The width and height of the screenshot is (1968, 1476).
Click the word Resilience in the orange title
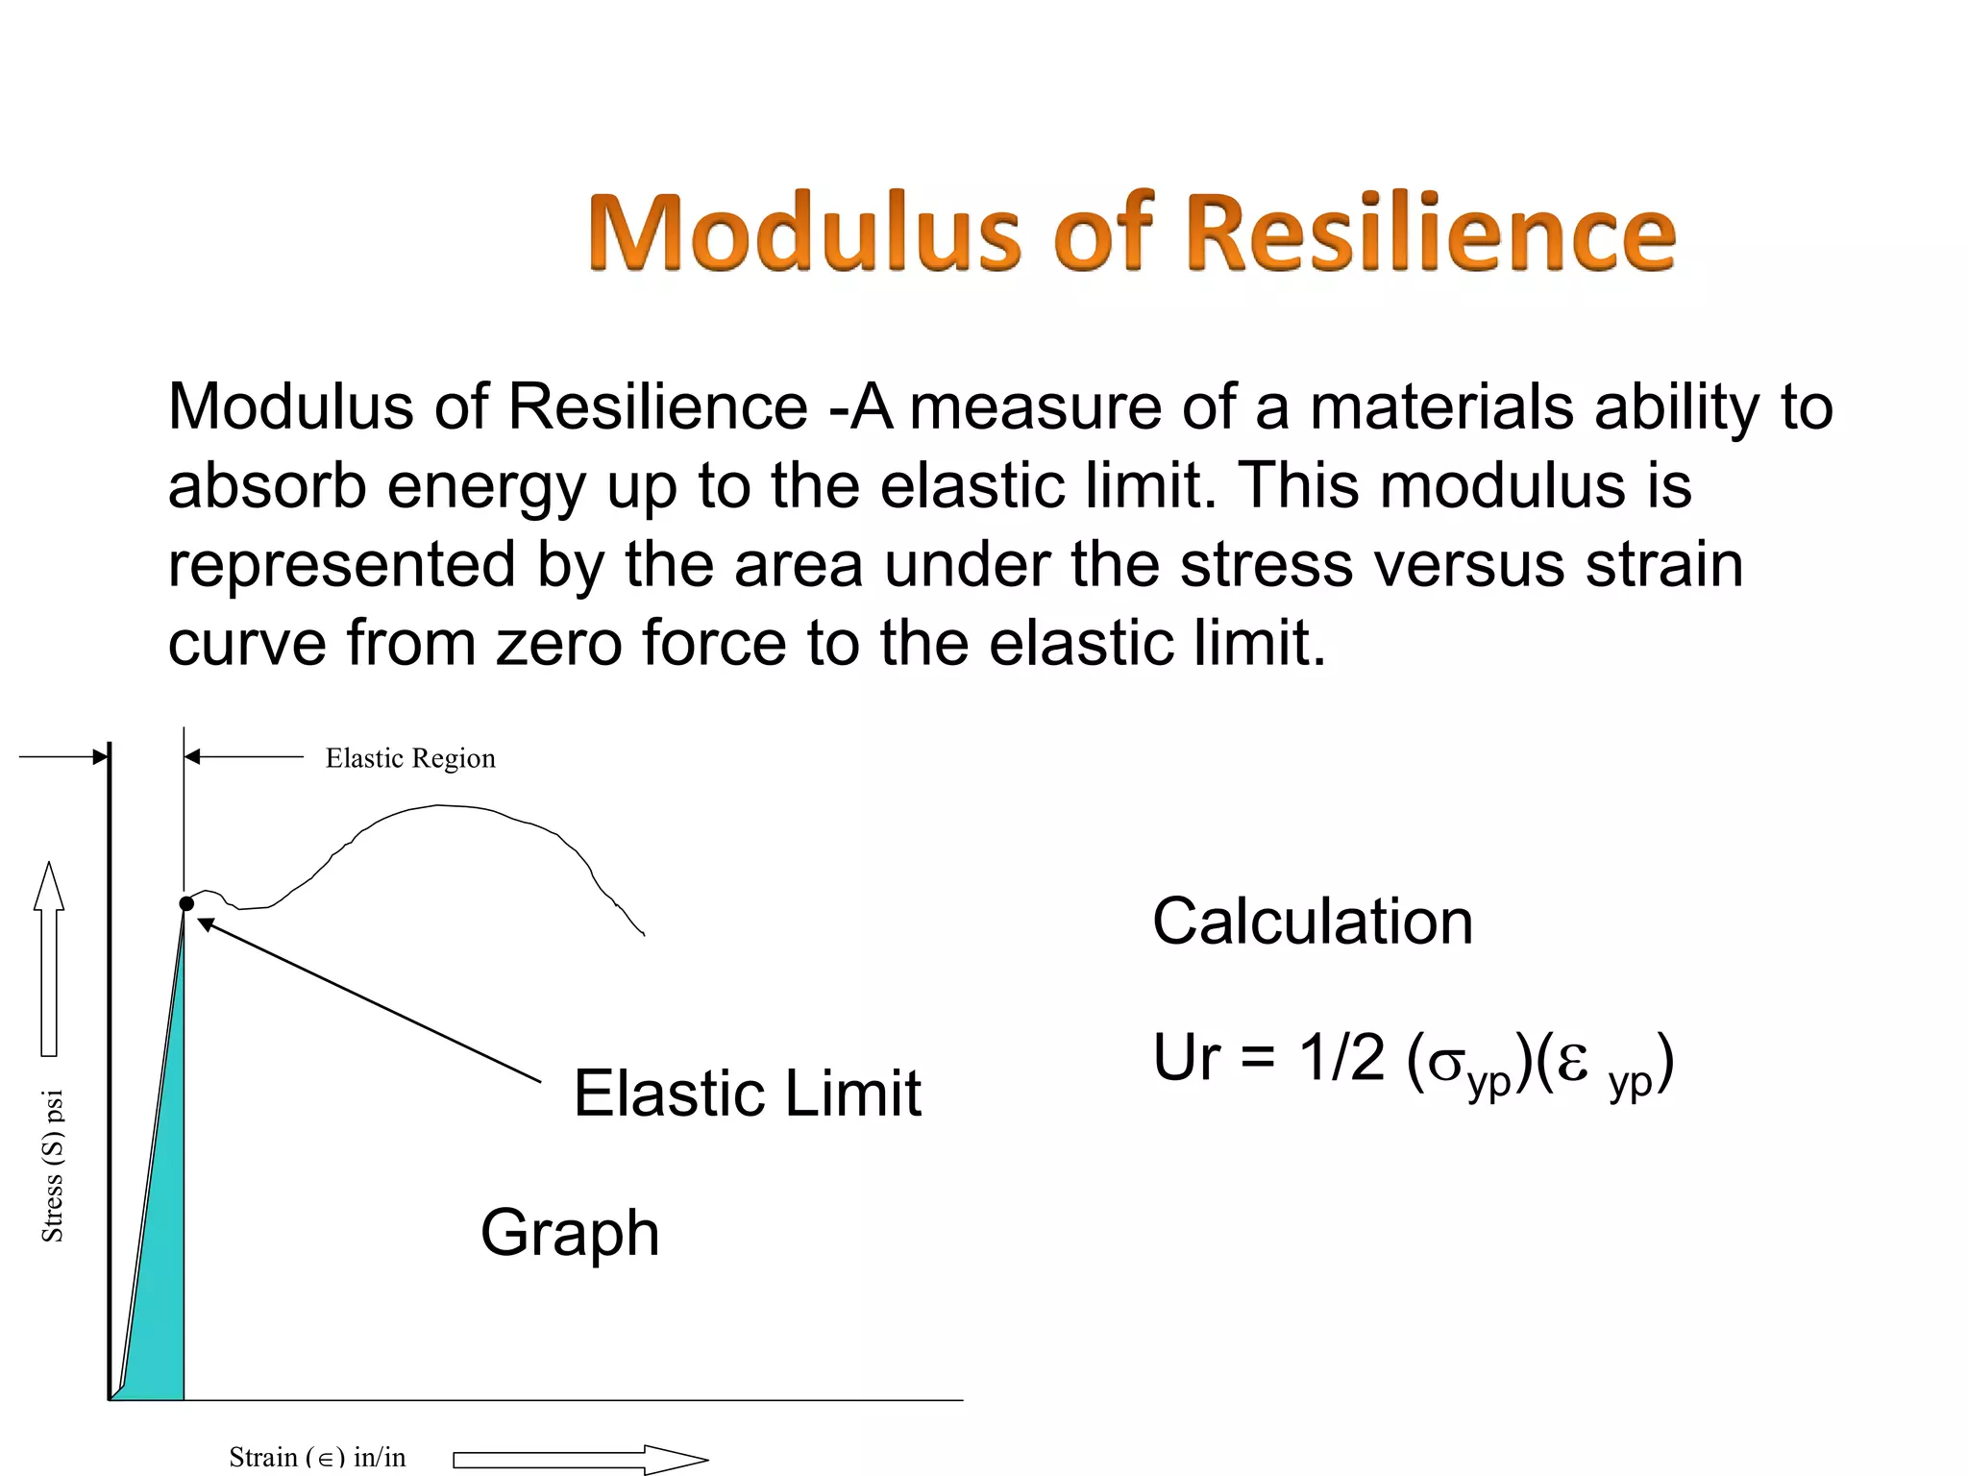point(1432,234)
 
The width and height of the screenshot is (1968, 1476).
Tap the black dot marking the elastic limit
point(186,903)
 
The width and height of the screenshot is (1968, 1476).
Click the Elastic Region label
point(410,758)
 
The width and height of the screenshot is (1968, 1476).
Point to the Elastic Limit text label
point(747,1094)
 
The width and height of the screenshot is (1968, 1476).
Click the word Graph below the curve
point(570,1233)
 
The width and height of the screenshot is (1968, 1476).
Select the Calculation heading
point(1312,922)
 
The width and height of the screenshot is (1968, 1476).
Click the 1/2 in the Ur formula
point(1342,1059)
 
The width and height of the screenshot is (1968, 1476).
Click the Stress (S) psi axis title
point(53,1166)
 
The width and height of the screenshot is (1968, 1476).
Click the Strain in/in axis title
point(317,1457)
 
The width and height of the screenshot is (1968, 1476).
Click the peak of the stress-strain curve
point(440,806)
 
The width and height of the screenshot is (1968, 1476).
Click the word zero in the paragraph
point(558,643)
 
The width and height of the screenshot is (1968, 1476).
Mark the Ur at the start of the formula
point(1188,1059)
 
